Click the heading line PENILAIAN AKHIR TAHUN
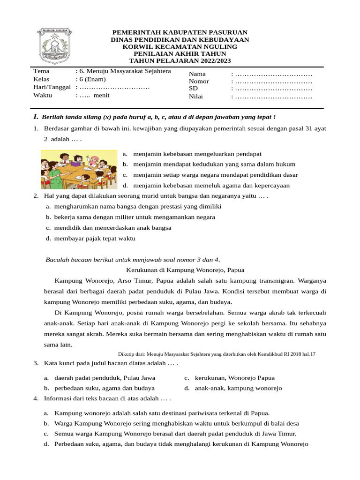pyautogui.click(x=180, y=54)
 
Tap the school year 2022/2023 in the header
pyautogui.click(x=213, y=61)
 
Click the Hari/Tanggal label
pyautogui.click(x=52, y=87)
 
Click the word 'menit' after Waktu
pyautogui.click(x=101, y=95)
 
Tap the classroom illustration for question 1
pyautogui.click(x=78, y=169)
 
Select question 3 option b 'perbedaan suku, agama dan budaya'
pyautogui.click(x=105, y=388)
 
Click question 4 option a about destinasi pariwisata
pyautogui.click(x=162, y=413)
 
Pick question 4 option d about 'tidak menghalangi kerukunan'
pyautogui.click(x=181, y=444)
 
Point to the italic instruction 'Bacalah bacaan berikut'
pyautogui.click(x=133, y=260)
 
